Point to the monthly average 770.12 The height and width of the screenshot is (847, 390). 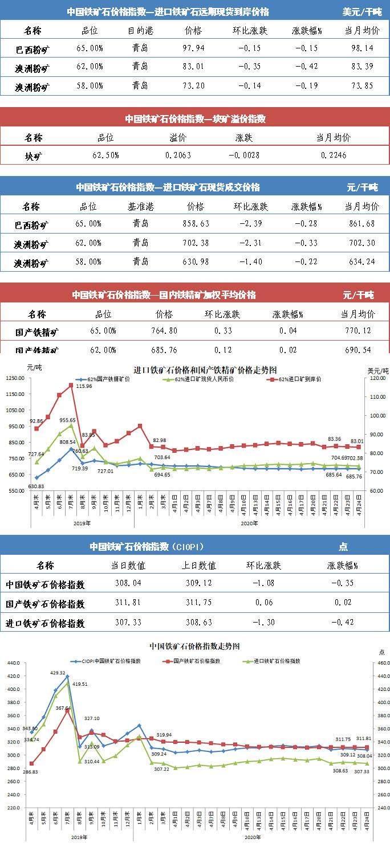(357, 330)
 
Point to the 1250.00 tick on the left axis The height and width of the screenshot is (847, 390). (15, 378)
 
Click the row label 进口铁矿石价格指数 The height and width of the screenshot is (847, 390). (45, 623)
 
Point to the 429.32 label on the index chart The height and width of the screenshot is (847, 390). (59, 673)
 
